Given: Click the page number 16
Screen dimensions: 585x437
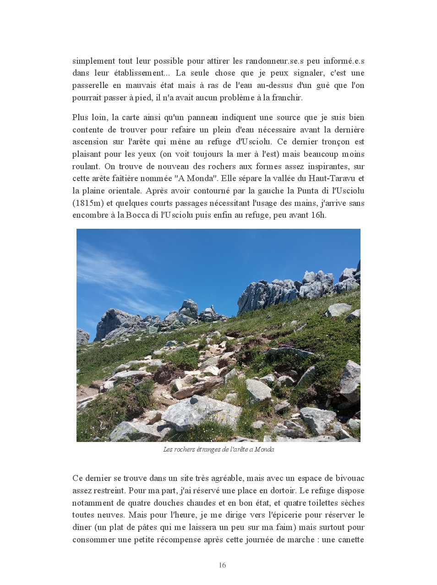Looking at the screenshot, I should pyautogui.click(x=222, y=565).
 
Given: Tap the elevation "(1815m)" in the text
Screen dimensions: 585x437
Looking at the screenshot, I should pyautogui.click(x=87, y=203).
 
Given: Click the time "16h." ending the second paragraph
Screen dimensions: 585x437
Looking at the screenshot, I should pyautogui.click(x=318, y=215).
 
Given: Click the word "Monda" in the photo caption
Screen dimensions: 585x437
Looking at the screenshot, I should pyautogui.click(x=264, y=449).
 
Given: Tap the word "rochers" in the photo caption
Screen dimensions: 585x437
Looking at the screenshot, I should pyautogui.click(x=182, y=449).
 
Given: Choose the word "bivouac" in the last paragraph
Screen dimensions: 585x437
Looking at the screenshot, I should pyautogui.click(x=347, y=478).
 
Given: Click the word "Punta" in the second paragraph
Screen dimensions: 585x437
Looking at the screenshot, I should pyautogui.click(x=308, y=191).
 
